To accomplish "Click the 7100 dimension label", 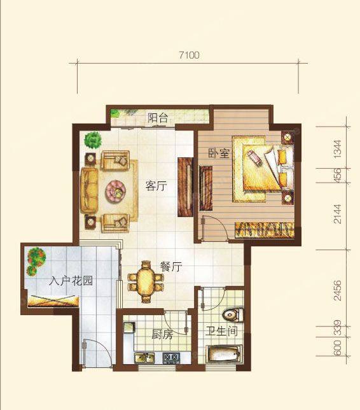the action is (x=189, y=55).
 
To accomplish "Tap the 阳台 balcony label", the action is (x=157, y=118).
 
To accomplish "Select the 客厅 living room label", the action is (x=156, y=186).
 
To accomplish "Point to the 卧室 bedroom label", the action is (x=218, y=153).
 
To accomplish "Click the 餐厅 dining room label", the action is (x=171, y=267).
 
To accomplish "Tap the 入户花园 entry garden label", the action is (x=71, y=281).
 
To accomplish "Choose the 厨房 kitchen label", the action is (x=162, y=334).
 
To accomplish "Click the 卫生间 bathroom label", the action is (x=221, y=331).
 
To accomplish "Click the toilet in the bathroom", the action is (x=233, y=315).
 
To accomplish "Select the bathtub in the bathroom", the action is (x=224, y=355).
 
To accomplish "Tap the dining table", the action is (x=146, y=282).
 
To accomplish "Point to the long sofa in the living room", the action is (x=89, y=190).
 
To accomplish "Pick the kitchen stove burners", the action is (x=171, y=358).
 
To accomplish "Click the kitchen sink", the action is (x=144, y=358).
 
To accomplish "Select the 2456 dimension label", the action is (x=338, y=290).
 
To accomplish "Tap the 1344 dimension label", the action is (x=338, y=149).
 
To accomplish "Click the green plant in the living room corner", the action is (x=93, y=141).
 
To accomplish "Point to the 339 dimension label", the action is (x=338, y=328).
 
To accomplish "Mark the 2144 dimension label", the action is (x=338, y=214).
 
